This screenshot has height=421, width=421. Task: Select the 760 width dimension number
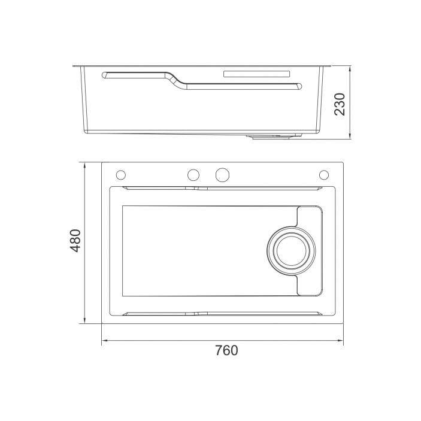click(x=226, y=350)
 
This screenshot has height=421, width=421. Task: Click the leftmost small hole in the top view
click(x=120, y=174)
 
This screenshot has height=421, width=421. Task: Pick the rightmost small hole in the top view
click(x=324, y=174)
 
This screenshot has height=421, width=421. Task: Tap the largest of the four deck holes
click(x=222, y=174)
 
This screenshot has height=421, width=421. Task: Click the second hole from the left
click(x=193, y=174)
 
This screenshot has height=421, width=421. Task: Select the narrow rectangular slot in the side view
click(x=256, y=74)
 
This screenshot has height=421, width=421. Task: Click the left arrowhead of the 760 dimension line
click(x=104, y=341)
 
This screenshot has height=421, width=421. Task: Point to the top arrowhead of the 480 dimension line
click(x=84, y=164)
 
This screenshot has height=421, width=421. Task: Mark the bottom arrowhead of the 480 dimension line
click(x=84, y=322)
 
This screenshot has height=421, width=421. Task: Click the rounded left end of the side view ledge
click(x=105, y=74)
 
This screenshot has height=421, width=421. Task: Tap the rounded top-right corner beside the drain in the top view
click(x=319, y=209)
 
